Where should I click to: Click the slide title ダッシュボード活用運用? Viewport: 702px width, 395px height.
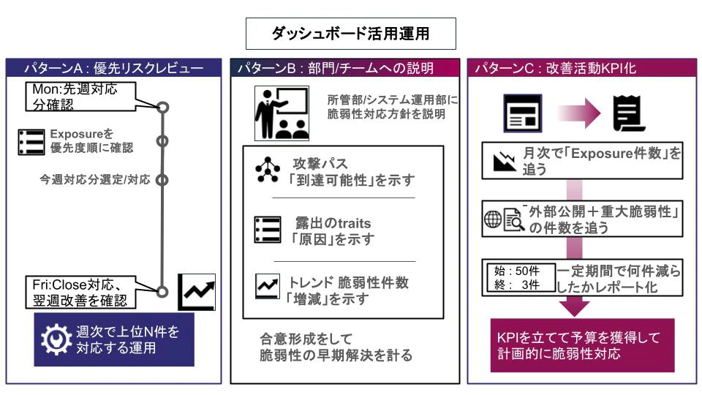click(x=350, y=34)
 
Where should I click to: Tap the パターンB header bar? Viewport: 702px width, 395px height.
click(x=345, y=68)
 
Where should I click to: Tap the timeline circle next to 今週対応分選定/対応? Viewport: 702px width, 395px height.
click(x=162, y=179)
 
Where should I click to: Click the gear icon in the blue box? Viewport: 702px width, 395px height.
click(x=54, y=339)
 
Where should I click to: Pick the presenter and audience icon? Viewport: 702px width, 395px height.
click(x=281, y=113)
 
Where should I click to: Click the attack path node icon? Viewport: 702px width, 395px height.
click(x=267, y=170)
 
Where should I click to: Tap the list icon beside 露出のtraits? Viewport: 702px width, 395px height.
click(x=267, y=230)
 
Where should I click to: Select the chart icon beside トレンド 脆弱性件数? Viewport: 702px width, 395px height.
click(x=265, y=287)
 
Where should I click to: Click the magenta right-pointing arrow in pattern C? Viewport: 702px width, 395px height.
click(x=581, y=114)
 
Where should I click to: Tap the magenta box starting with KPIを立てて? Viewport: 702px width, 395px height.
click(x=581, y=345)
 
